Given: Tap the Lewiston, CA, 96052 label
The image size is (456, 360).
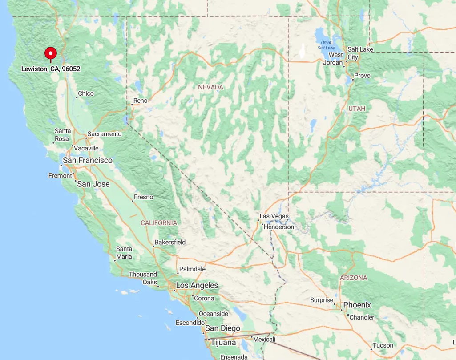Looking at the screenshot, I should pyautogui.click(x=51, y=69).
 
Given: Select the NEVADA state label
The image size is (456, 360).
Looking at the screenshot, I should pyautogui.click(x=211, y=87).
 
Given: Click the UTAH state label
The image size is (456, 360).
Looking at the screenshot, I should pyautogui.click(x=357, y=109).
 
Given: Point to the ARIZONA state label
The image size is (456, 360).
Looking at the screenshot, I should pyautogui.click(x=353, y=278).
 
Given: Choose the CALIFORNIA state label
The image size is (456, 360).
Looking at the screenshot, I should pyautogui.click(x=159, y=222).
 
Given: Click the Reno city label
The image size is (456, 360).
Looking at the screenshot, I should pyautogui.click(x=140, y=101).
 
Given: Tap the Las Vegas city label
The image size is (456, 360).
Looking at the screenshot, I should pyautogui.click(x=274, y=216).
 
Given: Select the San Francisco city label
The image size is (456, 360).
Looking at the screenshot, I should pyautogui.click(x=88, y=160).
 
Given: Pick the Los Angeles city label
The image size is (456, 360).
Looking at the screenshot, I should pyautogui.click(x=197, y=285).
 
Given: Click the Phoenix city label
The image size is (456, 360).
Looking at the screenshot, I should pyautogui.click(x=357, y=305).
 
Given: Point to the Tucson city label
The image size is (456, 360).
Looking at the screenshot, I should pyautogui.click(x=383, y=345).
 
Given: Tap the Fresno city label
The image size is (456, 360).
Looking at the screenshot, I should pyautogui.click(x=143, y=197).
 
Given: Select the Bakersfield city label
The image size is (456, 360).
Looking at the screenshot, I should pyautogui.click(x=170, y=243).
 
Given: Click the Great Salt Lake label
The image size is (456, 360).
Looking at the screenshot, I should pyautogui.click(x=326, y=45).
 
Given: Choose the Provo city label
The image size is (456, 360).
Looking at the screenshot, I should pyautogui.click(x=362, y=76).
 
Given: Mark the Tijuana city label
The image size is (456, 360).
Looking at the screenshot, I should pyautogui.click(x=223, y=343).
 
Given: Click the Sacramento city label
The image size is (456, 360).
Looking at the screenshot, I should pyautogui.click(x=105, y=134).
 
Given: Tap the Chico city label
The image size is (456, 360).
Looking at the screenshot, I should pyautogui.click(x=86, y=93).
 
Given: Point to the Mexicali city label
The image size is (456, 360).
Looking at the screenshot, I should pyautogui.click(x=265, y=340).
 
